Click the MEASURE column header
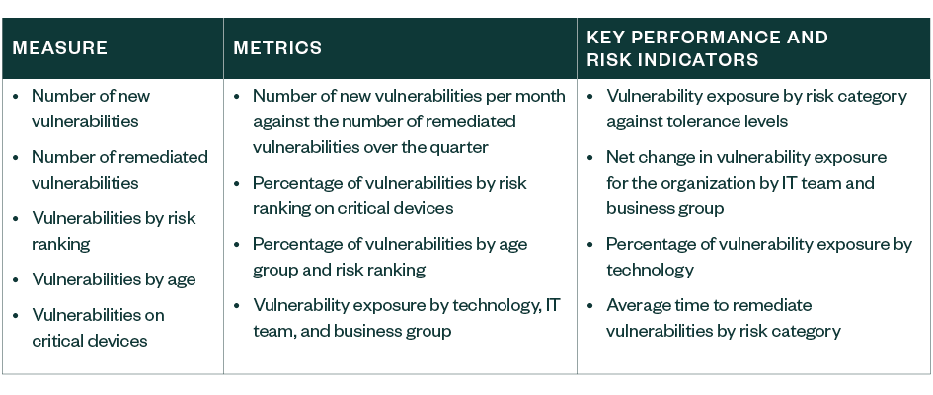coord(60,48)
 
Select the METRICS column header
coord(277,48)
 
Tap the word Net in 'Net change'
coord(620,157)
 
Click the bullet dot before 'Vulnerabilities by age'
coord(16,279)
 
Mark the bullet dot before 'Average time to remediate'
coord(590,305)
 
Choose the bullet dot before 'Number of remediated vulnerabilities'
coord(16,157)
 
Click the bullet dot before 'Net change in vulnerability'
coord(590,157)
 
